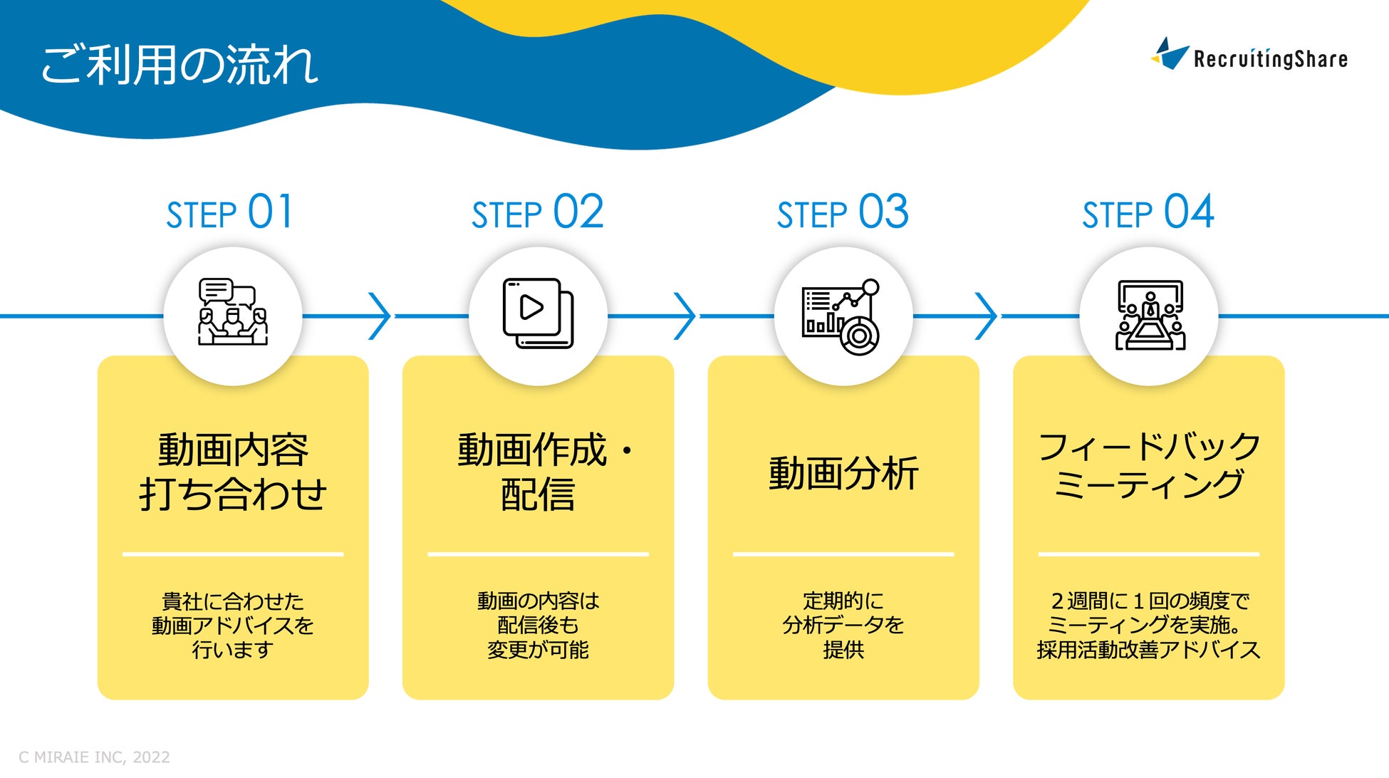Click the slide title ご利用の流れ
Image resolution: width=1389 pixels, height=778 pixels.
click(178, 65)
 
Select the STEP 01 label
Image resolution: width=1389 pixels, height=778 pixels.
click(229, 212)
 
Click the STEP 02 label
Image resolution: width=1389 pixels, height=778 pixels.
click(537, 212)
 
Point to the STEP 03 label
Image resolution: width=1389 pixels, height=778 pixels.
click(843, 212)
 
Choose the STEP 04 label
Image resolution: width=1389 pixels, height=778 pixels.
click(1148, 212)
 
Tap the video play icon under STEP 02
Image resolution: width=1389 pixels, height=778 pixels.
click(538, 313)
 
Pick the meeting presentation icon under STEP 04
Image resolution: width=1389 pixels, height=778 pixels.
click(1150, 315)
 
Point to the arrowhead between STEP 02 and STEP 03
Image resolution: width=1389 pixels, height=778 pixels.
click(685, 316)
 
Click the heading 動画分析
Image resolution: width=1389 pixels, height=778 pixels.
click(843, 473)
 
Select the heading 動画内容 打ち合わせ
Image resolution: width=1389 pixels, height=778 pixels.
click(233, 472)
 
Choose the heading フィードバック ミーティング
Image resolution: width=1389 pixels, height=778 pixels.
click(1149, 465)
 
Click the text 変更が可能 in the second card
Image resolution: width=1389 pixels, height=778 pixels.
click(538, 650)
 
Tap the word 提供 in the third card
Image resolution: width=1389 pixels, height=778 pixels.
click(843, 650)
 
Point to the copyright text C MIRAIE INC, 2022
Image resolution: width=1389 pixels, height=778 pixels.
click(94, 757)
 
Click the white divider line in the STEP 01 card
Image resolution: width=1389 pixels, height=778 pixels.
click(233, 554)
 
